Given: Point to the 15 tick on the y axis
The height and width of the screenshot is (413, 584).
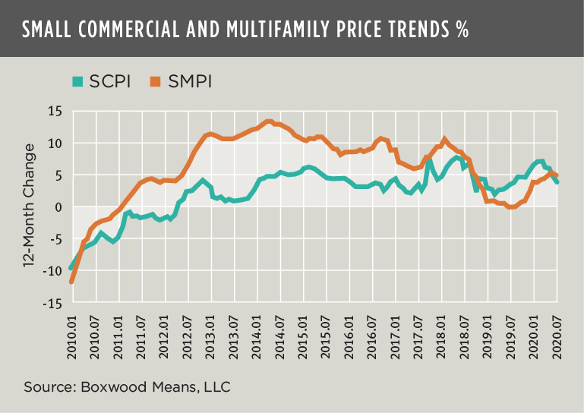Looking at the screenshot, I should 54,111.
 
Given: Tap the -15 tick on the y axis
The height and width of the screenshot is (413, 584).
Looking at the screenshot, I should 51,304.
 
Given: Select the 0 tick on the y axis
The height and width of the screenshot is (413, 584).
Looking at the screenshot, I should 57,207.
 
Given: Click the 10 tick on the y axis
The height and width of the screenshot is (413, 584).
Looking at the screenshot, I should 54,143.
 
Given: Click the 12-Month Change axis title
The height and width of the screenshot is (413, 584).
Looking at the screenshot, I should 28,207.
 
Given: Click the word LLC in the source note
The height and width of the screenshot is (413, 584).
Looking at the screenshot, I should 216,387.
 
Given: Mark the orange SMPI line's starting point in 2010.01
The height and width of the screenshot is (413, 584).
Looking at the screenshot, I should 71,282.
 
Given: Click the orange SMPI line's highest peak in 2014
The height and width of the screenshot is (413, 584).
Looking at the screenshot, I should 269,121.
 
